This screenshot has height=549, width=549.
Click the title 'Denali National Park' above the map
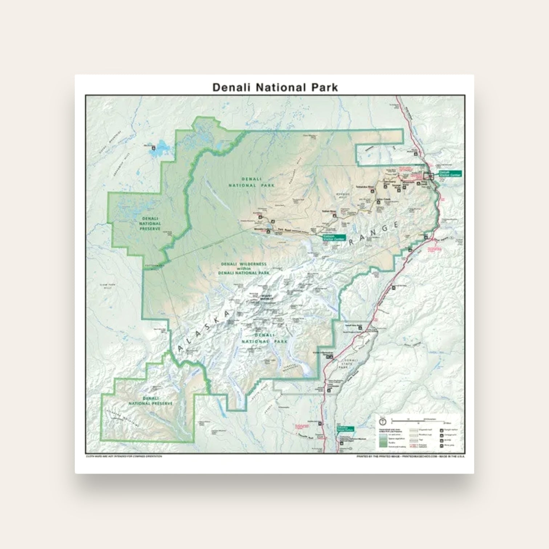click(275, 88)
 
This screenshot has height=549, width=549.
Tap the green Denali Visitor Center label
click(450, 174)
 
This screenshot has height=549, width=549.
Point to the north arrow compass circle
click(382, 422)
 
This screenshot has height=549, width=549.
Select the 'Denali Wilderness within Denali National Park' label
click(244, 268)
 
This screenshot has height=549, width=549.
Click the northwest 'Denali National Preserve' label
click(150, 224)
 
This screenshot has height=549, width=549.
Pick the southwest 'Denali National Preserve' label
click(150, 401)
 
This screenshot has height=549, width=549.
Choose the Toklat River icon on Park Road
click(334, 215)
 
